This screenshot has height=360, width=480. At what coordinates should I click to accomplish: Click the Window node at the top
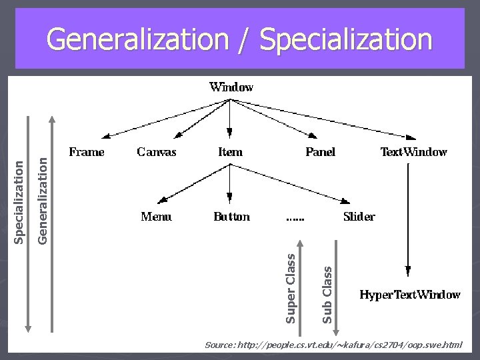pyautogui.click(x=231, y=87)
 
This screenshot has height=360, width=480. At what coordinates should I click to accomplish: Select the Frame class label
pyautogui.click(x=87, y=152)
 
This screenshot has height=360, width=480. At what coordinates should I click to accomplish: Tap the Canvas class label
pyautogui.click(x=157, y=152)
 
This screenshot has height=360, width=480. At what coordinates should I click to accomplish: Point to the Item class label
pyautogui.click(x=230, y=152)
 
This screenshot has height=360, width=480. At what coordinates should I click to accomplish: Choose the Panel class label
pyautogui.click(x=320, y=152)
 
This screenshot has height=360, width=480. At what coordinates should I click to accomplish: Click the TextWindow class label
pyautogui.click(x=413, y=152)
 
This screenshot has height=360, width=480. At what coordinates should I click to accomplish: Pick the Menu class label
pyautogui.click(x=156, y=217)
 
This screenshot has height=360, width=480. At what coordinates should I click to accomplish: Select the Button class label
pyautogui.click(x=231, y=217)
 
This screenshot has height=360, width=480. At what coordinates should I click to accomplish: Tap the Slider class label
pyautogui.click(x=359, y=217)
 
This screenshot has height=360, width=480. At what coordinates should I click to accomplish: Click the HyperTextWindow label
pyautogui.click(x=409, y=295)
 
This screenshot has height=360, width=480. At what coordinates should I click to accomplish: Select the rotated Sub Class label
pyautogui.click(x=327, y=294)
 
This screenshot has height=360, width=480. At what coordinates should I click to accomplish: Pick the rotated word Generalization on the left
pyautogui.click(x=42, y=199)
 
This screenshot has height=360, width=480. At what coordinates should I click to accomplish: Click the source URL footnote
pyautogui.click(x=333, y=345)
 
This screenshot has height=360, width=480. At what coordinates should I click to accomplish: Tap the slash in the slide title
pyautogui.click(x=248, y=40)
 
